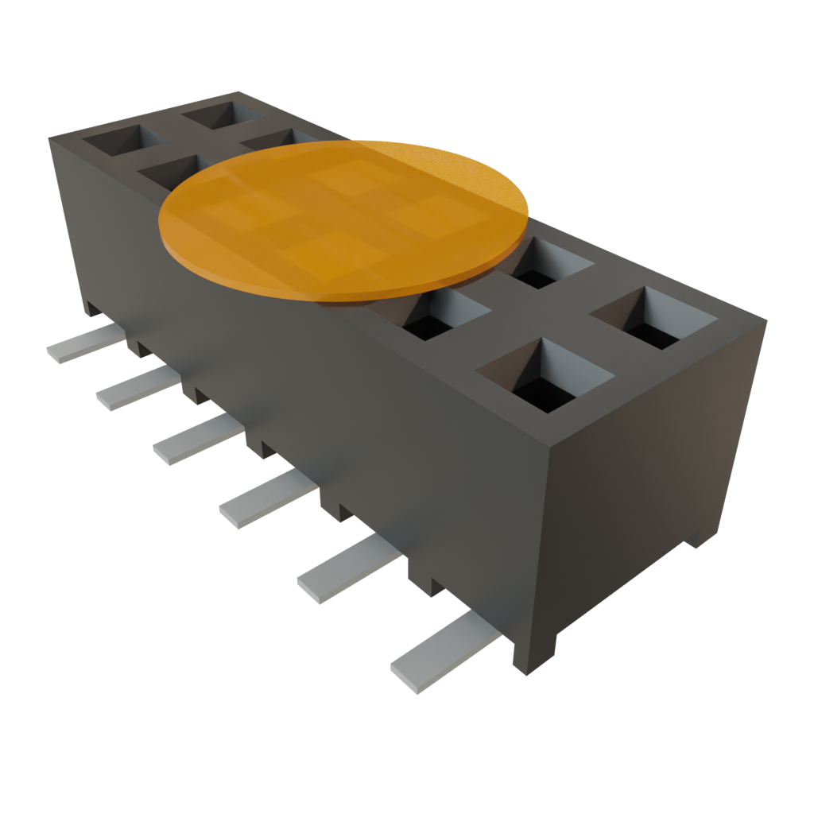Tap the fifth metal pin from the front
[135, 388]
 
